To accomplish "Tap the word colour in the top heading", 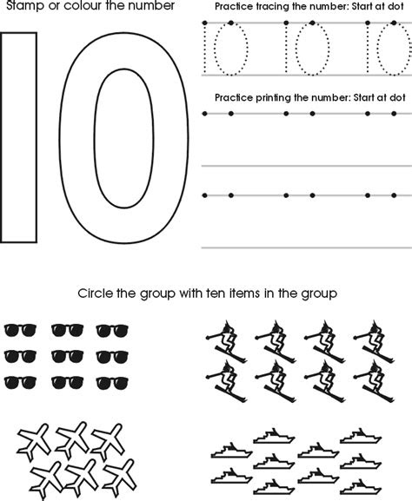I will coord(90,7).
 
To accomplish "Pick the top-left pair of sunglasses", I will coord(19,330).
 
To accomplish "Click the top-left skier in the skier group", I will coord(223,333).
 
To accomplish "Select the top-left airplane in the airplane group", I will coord(33,439).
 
